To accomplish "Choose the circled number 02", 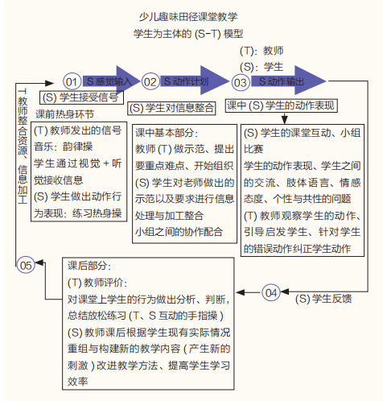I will click(150, 82).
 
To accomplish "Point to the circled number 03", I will click(240, 82).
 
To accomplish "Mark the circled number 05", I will click(26, 265).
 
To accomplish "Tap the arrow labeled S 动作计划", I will click(190, 81).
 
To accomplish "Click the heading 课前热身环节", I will click(65, 114).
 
